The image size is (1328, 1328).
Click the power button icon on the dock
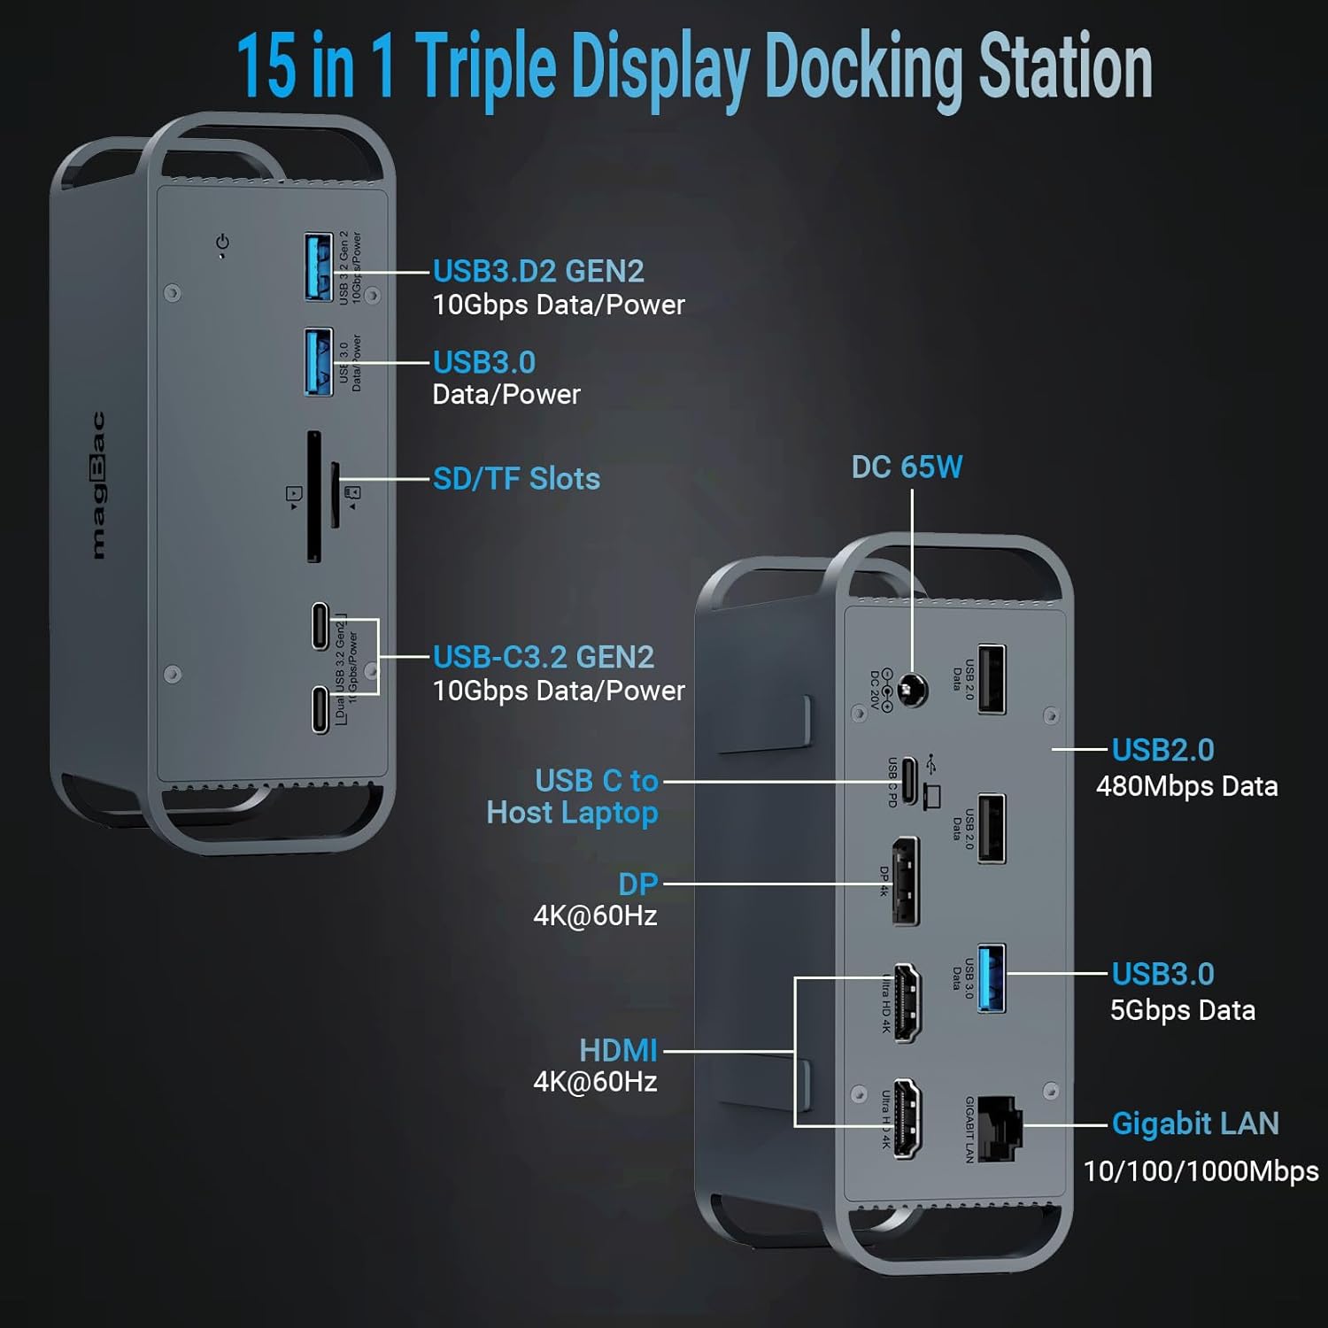click(222, 242)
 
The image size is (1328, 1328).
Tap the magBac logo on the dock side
click(97, 485)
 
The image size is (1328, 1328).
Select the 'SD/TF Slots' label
click(516, 479)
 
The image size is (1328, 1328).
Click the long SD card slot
click(313, 497)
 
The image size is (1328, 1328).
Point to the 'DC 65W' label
click(907, 467)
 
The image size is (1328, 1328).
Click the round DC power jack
click(912, 690)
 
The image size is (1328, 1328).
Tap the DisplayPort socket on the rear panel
click(906, 881)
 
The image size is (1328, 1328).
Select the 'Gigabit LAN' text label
click(1195, 1123)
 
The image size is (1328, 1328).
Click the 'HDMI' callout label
click(618, 1051)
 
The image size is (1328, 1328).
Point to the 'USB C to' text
click(597, 781)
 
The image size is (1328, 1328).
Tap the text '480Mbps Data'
click(1186, 786)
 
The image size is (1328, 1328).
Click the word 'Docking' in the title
click(862, 68)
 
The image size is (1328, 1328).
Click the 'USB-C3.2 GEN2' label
click(544, 657)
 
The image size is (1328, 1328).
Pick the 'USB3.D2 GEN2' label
click(538, 271)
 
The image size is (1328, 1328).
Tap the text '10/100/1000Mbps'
click(1201, 1171)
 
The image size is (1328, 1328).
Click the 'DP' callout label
click(637, 884)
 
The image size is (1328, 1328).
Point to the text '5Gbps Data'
click(1183, 1010)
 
